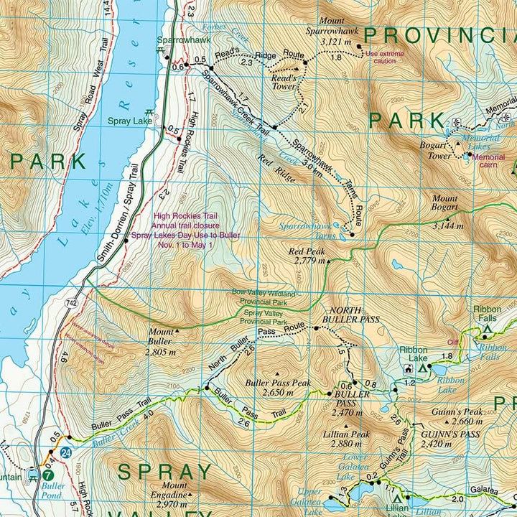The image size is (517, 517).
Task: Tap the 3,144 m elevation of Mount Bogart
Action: [x=449, y=225]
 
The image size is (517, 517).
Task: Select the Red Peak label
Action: [x=307, y=252]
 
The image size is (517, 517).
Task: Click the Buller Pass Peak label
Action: [x=278, y=383]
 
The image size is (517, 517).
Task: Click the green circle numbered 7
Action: [x=48, y=474]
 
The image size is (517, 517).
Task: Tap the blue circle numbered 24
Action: [x=66, y=454]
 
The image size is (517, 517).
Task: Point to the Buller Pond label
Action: [x=53, y=490]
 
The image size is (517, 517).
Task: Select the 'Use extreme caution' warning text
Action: [x=385, y=57]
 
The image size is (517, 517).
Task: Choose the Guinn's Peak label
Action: [x=457, y=412]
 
